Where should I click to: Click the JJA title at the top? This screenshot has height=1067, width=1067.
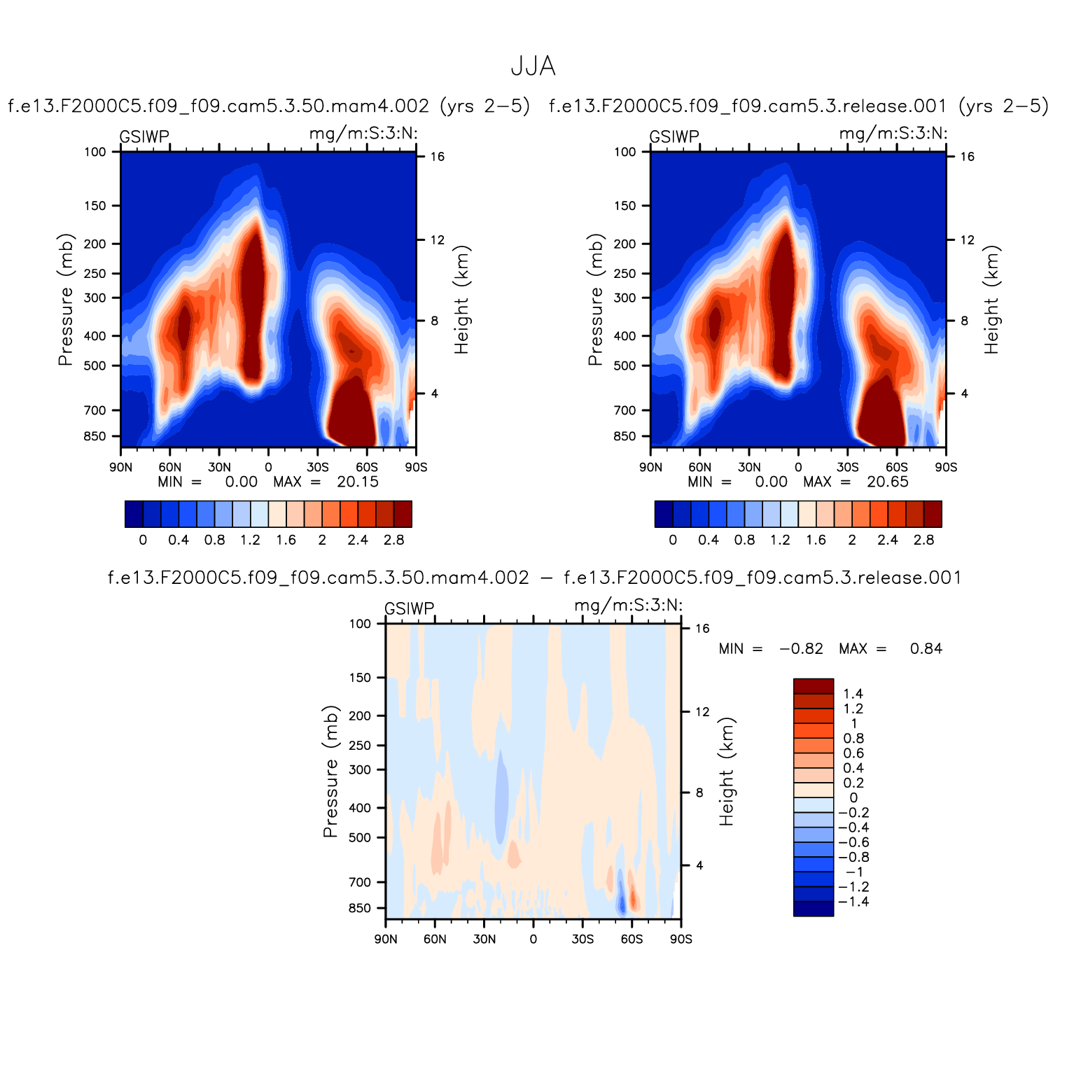(533, 67)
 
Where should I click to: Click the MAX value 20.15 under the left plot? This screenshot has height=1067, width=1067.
(357, 482)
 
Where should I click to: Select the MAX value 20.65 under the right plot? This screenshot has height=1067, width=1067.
(887, 482)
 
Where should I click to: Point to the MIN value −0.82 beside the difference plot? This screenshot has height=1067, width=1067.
(801, 649)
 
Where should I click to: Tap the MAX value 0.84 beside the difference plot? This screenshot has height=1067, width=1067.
(926, 649)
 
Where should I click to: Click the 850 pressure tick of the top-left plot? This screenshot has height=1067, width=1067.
(95, 436)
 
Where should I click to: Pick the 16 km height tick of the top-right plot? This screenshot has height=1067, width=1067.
(967, 157)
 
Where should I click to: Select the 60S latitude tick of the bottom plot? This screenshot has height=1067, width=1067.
(632, 939)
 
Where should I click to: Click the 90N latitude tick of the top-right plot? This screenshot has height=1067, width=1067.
(650, 467)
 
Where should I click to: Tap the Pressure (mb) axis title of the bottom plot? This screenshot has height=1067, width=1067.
(330, 772)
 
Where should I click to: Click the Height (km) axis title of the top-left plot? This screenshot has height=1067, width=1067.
(461, 300)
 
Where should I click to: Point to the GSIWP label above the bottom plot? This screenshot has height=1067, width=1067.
(410, 608)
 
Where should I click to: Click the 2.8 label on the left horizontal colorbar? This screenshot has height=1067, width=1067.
(394, 540)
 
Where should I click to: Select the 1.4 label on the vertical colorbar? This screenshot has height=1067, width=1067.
(853, 694)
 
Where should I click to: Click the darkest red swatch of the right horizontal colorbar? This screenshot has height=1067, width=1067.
(933, 514)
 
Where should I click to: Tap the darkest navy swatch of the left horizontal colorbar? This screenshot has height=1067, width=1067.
(134, 514)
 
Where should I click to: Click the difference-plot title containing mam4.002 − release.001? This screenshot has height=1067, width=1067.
(534, 578)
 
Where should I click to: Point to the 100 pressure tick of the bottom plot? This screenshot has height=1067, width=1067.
(360, 624)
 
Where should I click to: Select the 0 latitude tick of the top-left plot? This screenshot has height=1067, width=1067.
(268, 467)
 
